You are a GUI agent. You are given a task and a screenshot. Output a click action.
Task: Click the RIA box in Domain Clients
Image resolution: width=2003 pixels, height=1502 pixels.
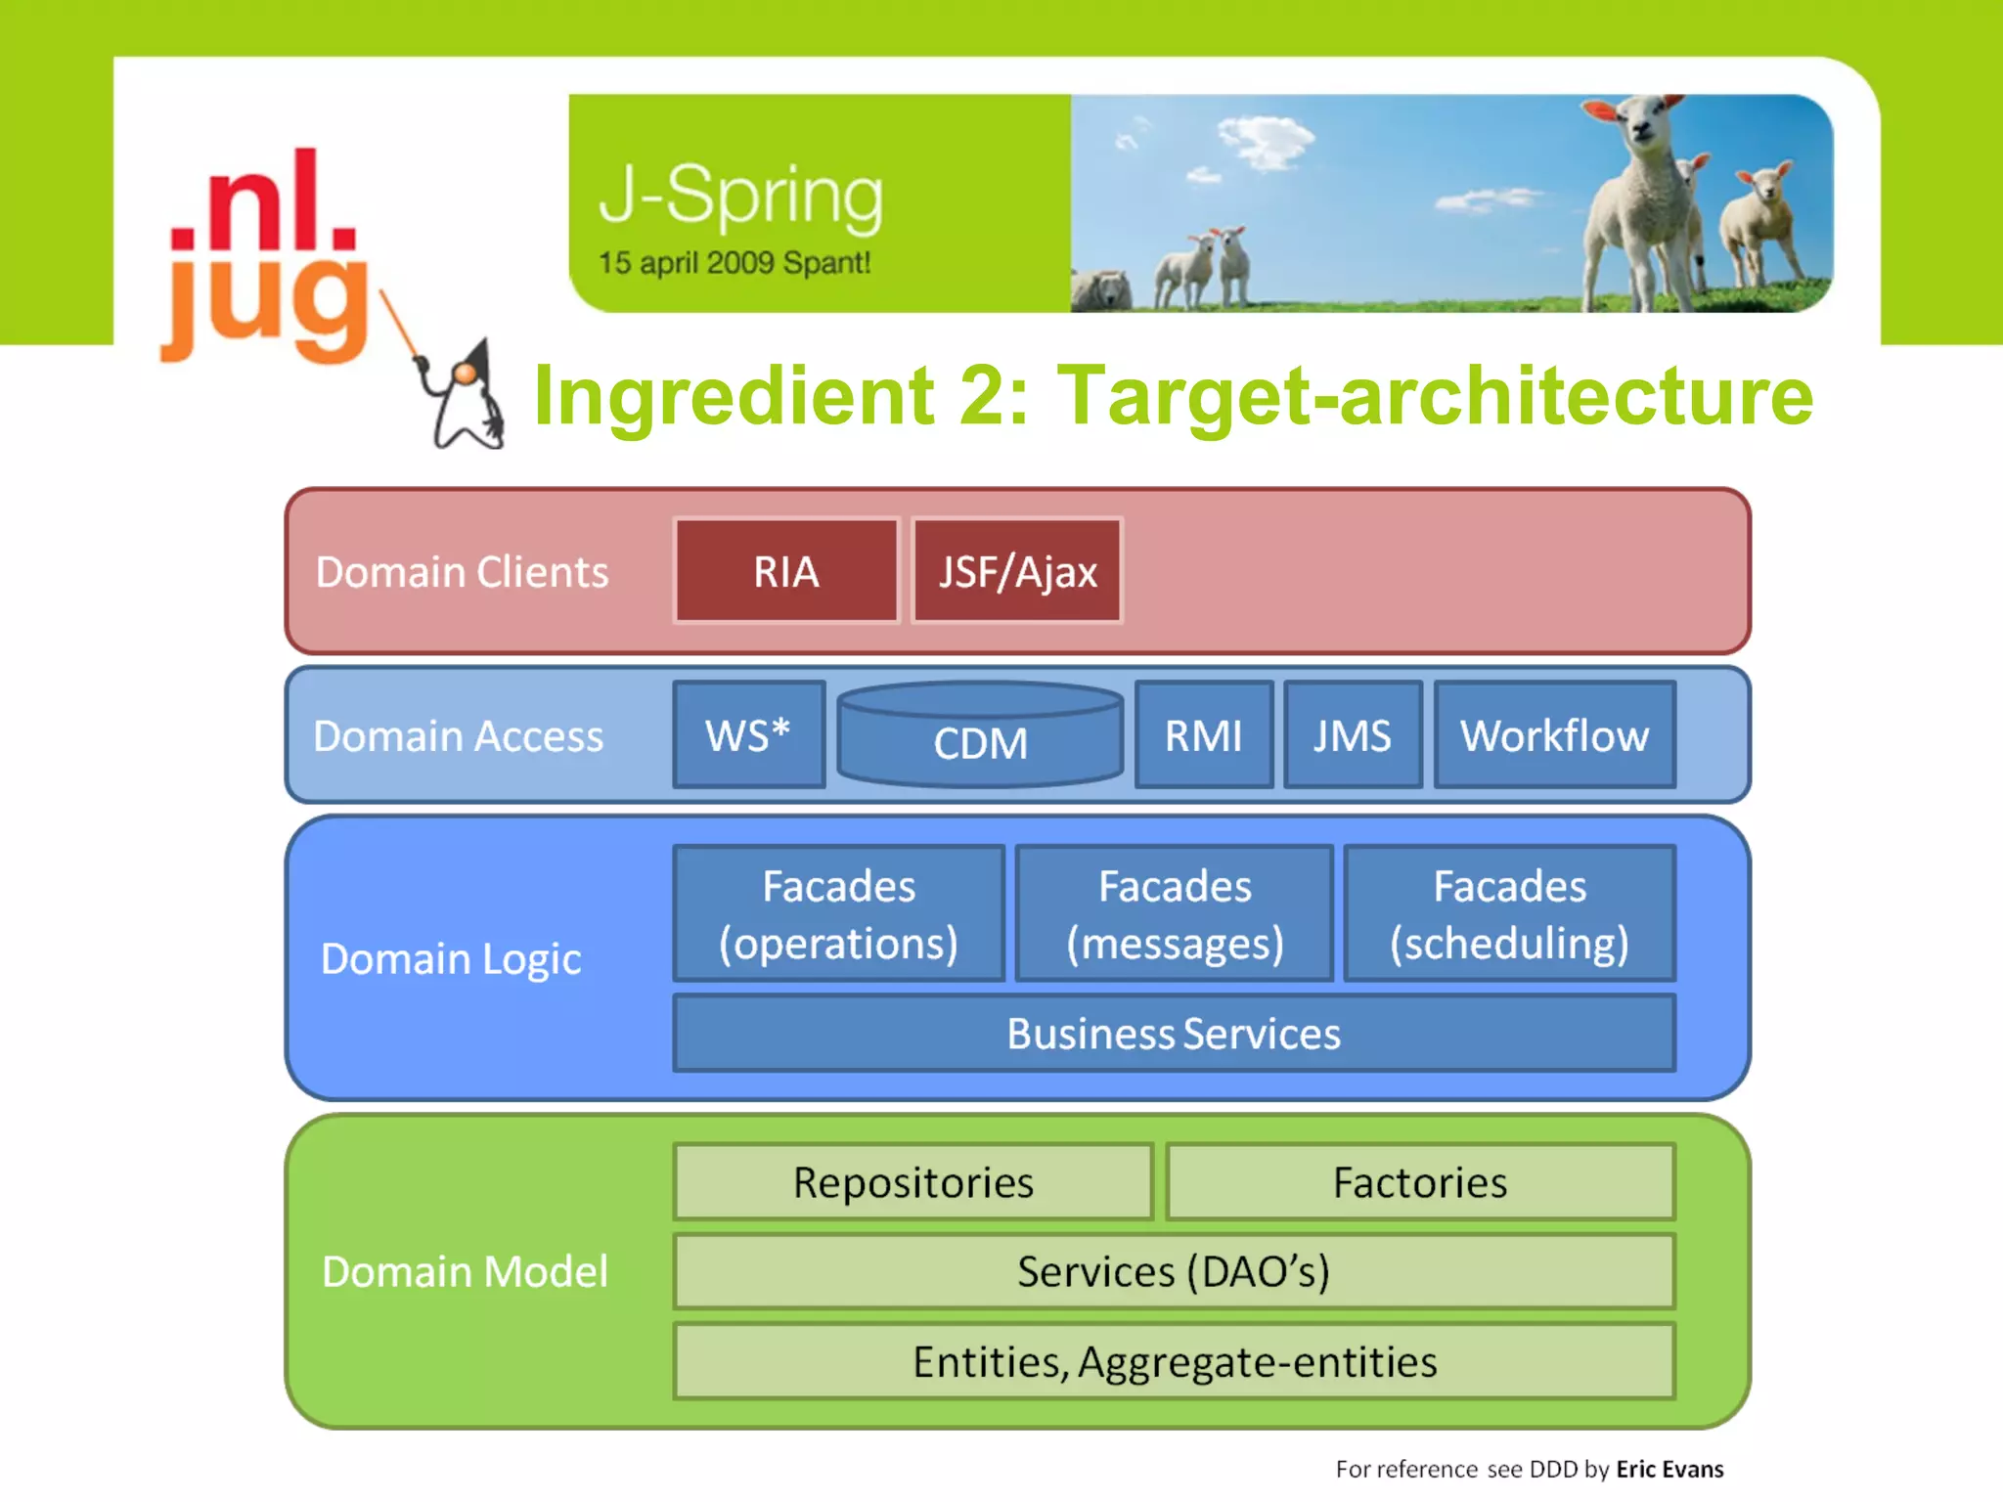(x=786, y=571)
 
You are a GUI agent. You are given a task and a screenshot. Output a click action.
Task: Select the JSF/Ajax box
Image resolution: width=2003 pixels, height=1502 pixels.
(x=1017, y=571)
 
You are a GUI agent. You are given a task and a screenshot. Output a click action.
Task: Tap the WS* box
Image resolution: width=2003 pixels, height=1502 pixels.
(x=748, y=734)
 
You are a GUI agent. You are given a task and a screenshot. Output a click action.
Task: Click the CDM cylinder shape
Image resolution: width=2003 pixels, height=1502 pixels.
(x=980, y=738)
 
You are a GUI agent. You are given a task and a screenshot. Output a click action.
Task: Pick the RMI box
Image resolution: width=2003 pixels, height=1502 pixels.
(x=1204, y=734)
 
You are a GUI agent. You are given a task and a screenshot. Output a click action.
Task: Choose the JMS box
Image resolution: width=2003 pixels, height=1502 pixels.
(x=1353, y=734)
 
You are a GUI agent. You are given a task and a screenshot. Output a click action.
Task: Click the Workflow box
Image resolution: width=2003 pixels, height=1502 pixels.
(x=1555, y=734)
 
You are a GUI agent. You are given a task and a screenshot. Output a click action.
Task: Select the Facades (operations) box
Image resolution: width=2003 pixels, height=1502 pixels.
(x=838, y=913)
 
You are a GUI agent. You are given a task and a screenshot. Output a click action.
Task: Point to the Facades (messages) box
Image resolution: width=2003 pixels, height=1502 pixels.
(x=1175, y=913)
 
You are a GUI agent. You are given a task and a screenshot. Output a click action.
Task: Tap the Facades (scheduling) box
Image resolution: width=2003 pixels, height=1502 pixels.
(x=1510, y=913)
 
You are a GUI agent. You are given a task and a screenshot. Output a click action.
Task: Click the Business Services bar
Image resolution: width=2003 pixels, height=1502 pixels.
(x=1174, y=1034)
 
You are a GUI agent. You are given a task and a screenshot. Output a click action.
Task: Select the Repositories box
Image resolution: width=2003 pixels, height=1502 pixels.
(x=913, y=1182)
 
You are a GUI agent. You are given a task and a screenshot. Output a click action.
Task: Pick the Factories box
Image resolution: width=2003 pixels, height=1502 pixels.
(x=1420, y=1182)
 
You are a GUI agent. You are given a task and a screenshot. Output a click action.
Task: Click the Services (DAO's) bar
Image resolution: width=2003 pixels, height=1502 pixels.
(x=1174, y=1271)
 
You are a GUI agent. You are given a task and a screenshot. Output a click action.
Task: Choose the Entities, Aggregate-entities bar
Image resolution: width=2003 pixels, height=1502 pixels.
(x=1174, y=1361)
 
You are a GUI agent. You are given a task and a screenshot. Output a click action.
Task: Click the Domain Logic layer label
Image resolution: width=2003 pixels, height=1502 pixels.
(x=451, y=959)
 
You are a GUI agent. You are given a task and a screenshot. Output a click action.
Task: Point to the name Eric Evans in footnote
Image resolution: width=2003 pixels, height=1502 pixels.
(x=1669, y=1469)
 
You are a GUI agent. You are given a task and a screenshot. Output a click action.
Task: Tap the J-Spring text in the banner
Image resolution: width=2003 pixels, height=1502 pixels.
(x=741, y=196)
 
